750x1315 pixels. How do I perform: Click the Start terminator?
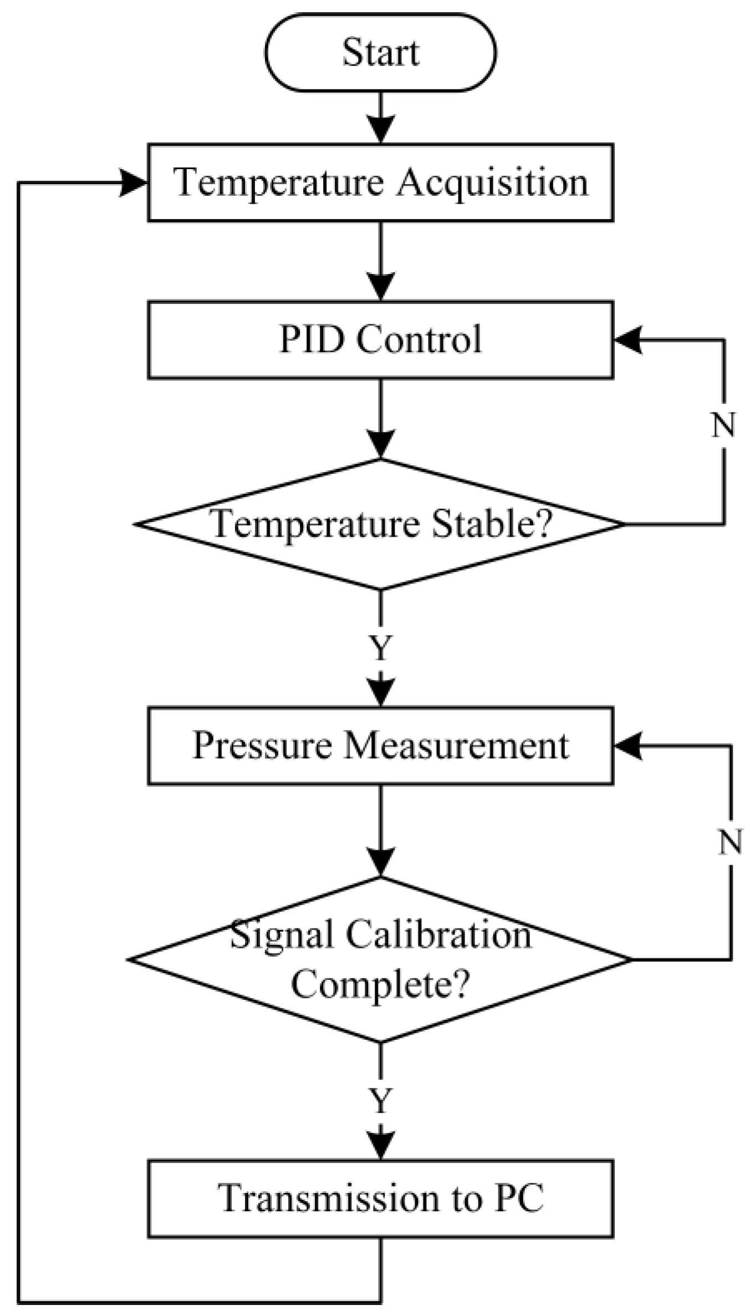380,52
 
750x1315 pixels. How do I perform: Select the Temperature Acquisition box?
380,182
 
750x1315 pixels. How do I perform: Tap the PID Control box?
380,339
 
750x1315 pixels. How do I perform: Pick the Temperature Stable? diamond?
380,524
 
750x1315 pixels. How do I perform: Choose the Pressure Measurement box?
380,745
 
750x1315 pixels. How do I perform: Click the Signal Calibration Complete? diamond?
380,959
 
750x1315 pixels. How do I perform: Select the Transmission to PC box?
380,1198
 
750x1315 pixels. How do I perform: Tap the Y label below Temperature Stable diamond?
380,647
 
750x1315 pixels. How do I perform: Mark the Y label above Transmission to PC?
380,1100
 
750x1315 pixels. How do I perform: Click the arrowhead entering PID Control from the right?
628,339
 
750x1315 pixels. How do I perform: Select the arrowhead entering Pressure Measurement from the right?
628,746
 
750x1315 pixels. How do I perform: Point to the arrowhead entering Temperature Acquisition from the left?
134,182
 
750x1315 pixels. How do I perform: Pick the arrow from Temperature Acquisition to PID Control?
380,261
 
